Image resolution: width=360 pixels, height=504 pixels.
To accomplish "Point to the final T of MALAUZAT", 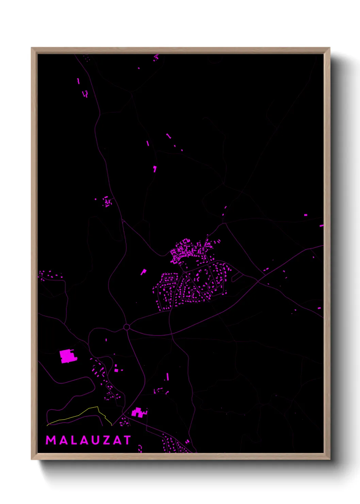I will pos(127,440).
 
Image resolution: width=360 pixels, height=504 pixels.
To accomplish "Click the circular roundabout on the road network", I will pos(127,327).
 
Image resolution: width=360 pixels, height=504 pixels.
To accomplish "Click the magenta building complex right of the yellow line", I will pos(138,413).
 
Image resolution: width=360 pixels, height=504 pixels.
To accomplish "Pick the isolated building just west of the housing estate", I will pos(144,272).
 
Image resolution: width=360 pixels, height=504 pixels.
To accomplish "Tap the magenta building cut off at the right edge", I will pos(321,225).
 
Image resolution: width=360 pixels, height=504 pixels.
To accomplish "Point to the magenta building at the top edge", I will pos(156,57).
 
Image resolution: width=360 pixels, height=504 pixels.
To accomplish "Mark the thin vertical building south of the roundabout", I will pos(167,377).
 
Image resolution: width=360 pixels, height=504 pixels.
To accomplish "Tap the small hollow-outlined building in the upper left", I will pos(85,93).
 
